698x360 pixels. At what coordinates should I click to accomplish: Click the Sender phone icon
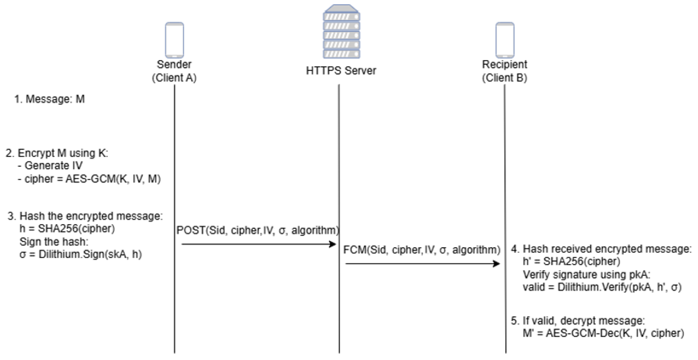[x=175, y=40]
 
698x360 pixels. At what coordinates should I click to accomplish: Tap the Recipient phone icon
[x=505, y=40]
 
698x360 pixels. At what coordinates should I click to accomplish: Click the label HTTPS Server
[x=341, y=71]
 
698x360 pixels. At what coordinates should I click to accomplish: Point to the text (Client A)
[x=174, y=78]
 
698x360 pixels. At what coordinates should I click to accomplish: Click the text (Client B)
[x=505, y=78]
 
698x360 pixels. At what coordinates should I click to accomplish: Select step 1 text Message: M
[x=50, y=99]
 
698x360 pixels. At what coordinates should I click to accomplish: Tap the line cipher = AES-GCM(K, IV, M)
[x=89, y=179]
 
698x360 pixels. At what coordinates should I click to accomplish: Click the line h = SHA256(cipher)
[x=67, y=229]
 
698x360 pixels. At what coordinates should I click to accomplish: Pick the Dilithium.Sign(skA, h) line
[x=81, y=255]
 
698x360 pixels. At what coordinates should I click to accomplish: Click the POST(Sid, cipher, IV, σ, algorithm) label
[x=257, y=230]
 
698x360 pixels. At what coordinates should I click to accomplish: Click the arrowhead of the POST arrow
[x=333, y=244]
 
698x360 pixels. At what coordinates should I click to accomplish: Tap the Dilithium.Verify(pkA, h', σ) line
[x=602, y=287]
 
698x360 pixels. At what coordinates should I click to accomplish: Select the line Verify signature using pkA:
[x=586, y=275]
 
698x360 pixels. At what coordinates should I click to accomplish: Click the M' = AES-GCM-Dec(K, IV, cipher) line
[x=603, y=333]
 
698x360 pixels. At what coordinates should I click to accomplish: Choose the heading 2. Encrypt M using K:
[x=57, y=153]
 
